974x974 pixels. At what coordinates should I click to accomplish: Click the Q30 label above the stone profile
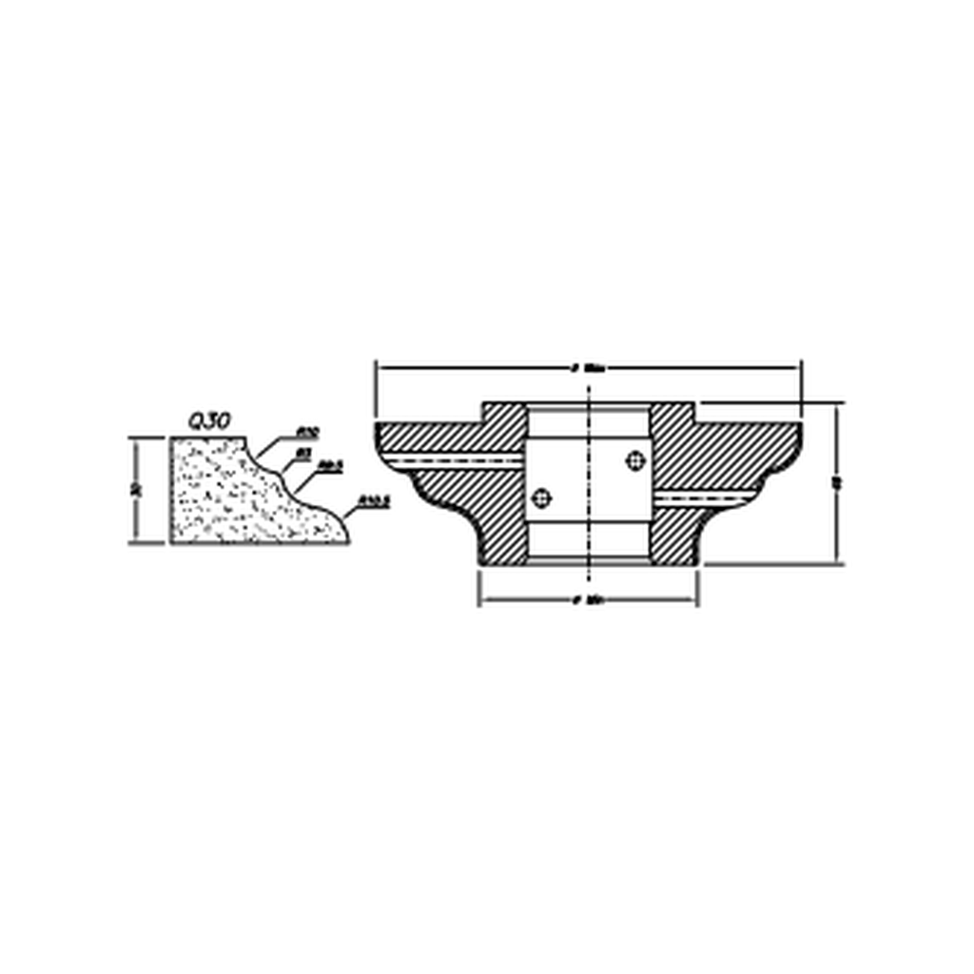[x=208, y=421]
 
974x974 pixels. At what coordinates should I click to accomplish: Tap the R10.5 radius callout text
[x=374, y=500]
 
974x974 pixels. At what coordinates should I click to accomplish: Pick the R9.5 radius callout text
[x=331, y=466]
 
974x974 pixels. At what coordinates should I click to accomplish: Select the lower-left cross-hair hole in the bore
[x=542, y=497]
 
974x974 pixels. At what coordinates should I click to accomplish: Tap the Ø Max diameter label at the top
[x=590, y=367]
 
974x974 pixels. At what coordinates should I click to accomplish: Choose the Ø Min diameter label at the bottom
[x=590, y=601]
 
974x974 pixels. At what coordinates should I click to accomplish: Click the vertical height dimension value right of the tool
[x=835, y=483]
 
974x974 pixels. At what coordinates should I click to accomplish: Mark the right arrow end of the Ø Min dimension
[x=695, y=601]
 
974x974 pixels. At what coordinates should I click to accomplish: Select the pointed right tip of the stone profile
[x=347, y=541]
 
